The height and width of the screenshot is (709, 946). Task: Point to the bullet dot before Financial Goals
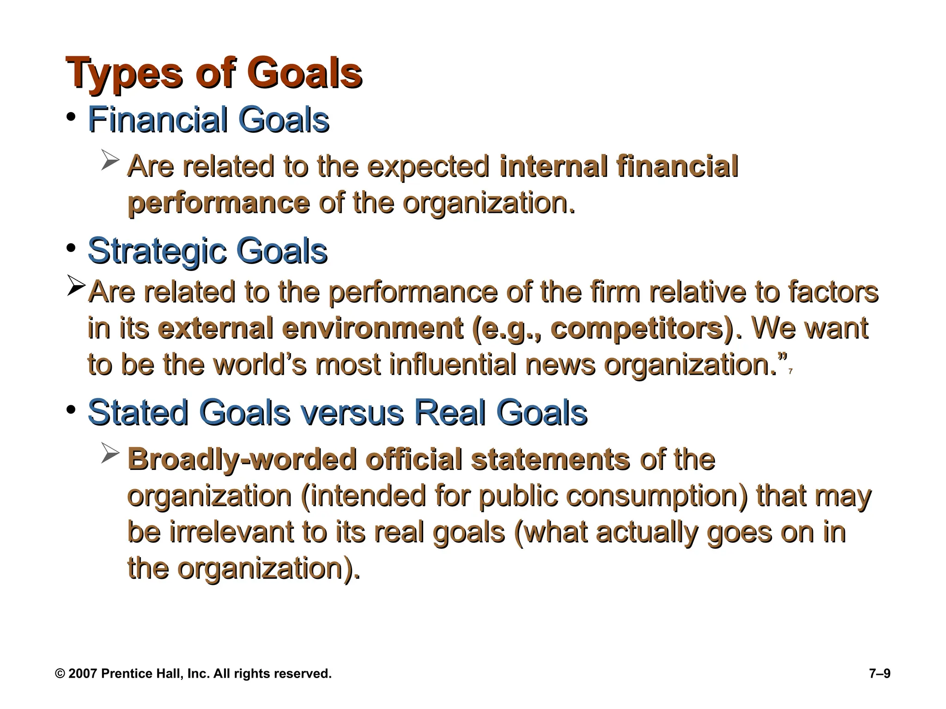pos(70,116)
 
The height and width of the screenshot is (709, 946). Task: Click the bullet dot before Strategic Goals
pos(70,248)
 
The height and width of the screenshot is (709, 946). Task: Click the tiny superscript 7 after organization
pos(791,372)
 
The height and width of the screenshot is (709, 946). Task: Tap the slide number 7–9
pos(879,673)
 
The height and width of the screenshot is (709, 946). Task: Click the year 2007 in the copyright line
pos(83,673)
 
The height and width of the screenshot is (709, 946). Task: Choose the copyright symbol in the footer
pos(60,673)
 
